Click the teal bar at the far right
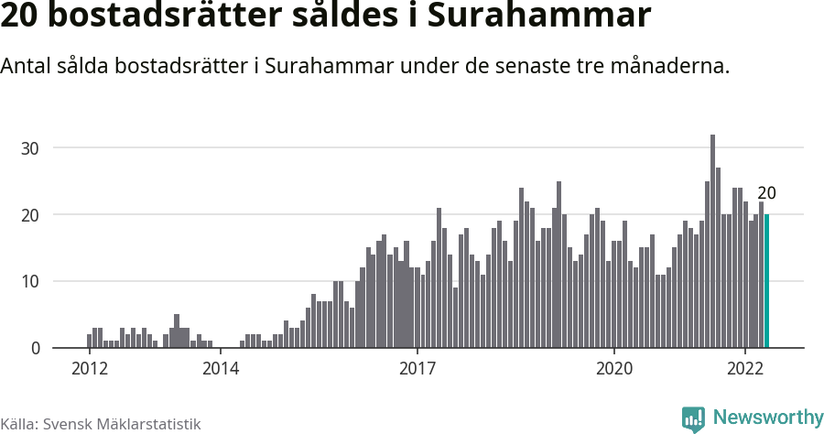tap(766, 281)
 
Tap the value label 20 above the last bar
tap(767, 193)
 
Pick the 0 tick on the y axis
tap(36, 348)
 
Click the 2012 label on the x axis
tap(90, 369)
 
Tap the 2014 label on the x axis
tap(221, 369)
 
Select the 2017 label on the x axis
tap(417, 369)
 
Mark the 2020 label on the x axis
tap(614, 369)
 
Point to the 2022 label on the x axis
tap(745, 369)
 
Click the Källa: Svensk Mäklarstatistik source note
tap(100, 424)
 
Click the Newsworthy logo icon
tap(693, 419)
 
